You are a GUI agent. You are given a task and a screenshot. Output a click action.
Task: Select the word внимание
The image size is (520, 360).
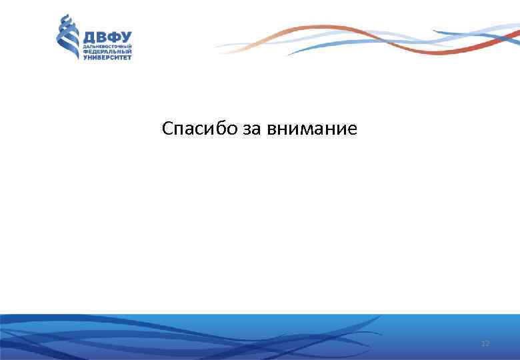point(311,128)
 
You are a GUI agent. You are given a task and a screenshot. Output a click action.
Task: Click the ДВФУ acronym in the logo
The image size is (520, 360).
point(107,37)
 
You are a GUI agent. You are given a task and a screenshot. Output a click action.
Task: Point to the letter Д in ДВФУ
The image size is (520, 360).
point(89,37)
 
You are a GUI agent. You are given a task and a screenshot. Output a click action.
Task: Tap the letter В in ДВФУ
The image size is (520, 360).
point(101,37)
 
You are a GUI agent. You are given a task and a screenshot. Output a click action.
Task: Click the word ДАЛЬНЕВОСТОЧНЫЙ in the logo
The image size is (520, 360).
point(107,47)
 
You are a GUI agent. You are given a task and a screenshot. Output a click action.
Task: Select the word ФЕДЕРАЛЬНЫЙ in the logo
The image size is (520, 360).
point(107,52)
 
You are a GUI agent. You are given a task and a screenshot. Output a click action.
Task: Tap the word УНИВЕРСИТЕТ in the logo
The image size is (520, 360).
point(107,58)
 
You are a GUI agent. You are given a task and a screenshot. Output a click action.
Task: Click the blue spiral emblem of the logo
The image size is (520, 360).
point(67,37)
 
